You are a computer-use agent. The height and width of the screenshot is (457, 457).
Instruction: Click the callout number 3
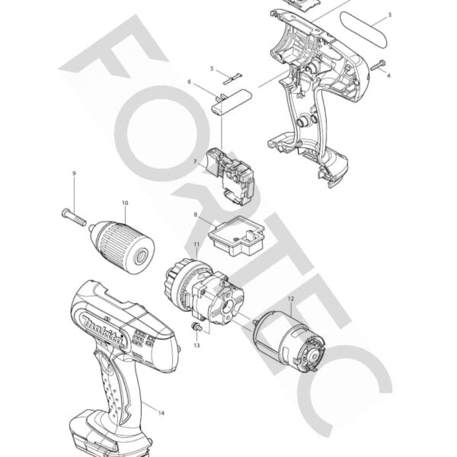click(x=389, y=15)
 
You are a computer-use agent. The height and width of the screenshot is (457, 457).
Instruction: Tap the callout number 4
click(x=388, y=76)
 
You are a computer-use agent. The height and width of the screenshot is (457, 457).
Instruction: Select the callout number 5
click(x=213, y=69)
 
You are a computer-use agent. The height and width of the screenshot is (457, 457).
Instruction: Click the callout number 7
click(x=195, y=161)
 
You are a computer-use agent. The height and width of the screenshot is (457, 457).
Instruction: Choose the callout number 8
click(x=196, y=215)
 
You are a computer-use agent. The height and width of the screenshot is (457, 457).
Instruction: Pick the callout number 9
click(x=74, y=174)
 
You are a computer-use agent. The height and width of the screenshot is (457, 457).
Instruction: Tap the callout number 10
click(x=124, y=203)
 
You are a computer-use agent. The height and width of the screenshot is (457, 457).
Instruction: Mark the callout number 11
click(x=196, y=244)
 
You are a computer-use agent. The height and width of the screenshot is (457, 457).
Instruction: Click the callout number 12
click(x=290, y=299)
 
